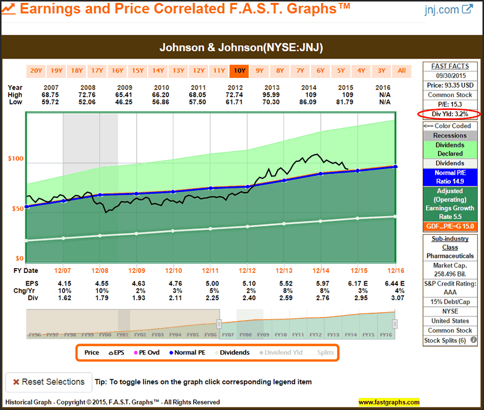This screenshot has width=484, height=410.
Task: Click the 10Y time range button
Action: (239, 71)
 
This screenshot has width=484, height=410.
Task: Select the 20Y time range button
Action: (36, 71)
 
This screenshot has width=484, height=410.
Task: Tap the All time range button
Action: (402, 71)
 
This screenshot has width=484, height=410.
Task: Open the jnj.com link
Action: (449, 10)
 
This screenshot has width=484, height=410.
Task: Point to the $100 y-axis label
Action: (15, 159)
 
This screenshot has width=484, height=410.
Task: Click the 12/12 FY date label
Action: (247, 271)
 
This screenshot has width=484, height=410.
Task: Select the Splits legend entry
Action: (325, 353)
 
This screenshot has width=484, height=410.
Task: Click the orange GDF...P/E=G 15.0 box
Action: (450, 226)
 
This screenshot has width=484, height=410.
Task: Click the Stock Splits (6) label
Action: (450, 341)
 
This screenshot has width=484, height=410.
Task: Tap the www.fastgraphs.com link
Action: (388, 402)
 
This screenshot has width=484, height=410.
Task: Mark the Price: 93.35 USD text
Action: (450, 85)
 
